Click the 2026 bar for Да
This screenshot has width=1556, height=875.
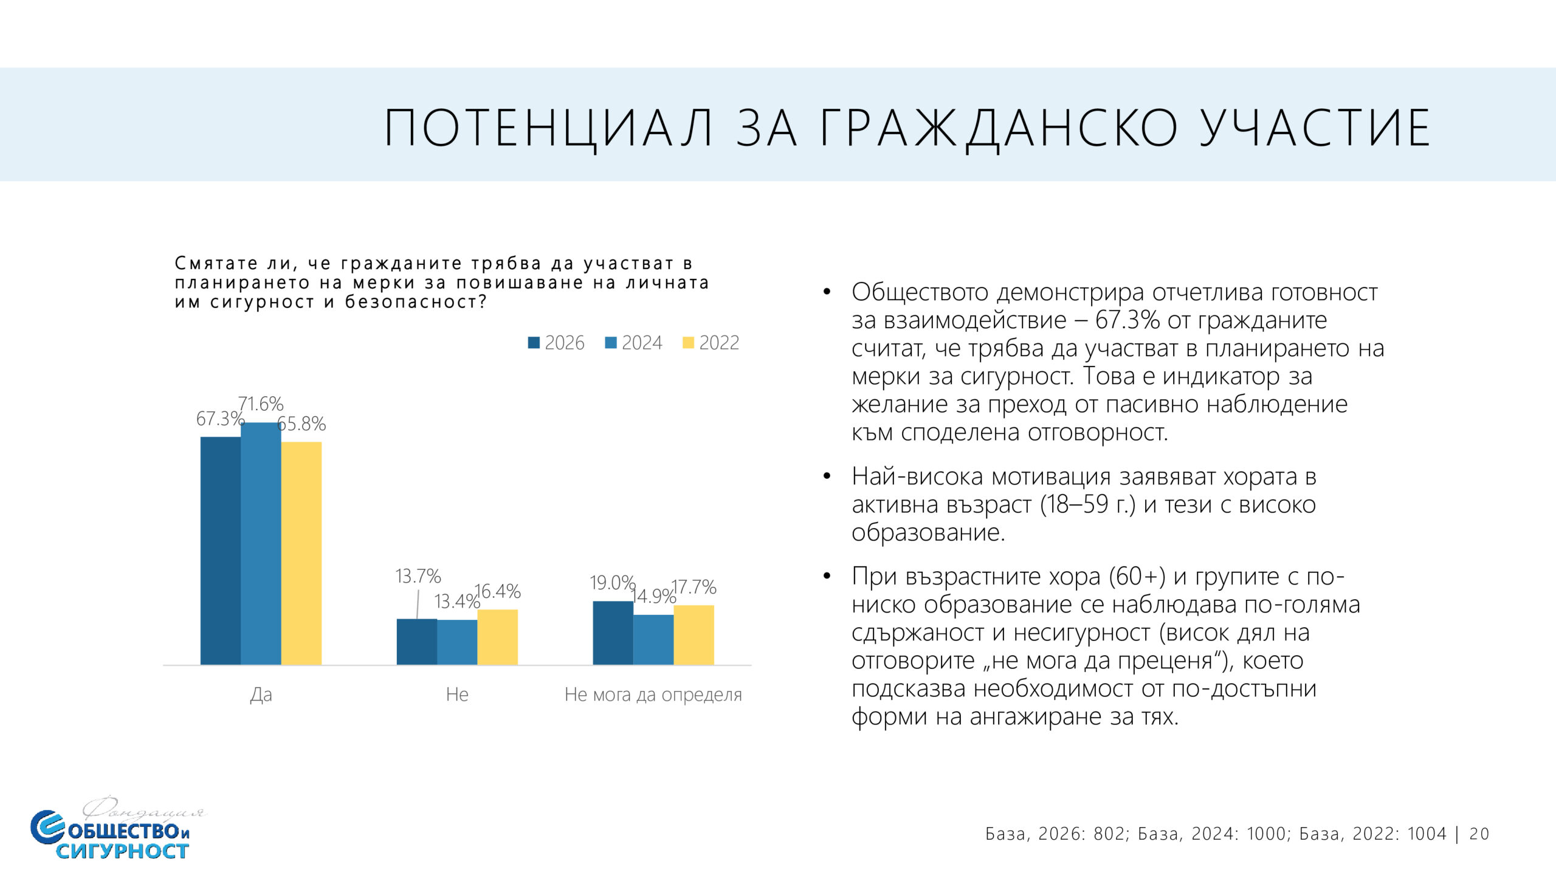[x=220, y=550]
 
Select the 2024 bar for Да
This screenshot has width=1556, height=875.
[x=261, y=543]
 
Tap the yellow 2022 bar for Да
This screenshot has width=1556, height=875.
[x=301, y=553]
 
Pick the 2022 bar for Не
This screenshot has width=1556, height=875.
[x=497, y=637]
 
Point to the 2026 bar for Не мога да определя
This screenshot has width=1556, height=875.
[x=613, y=633]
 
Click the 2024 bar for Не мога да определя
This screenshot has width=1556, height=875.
[x=653, y=639]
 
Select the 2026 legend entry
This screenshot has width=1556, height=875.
[x=556, y=343]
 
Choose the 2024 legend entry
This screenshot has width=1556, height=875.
[x=633, y=343]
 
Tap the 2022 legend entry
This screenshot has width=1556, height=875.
[x=711, y=343]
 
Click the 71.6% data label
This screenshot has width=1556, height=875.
[x=261, y=404]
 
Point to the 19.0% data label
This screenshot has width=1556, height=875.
[x=612, y=583]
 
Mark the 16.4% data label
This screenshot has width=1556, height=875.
[x=498, y=591]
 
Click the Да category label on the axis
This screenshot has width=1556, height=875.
[x=261, y=695]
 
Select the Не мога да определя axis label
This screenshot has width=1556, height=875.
[x=653, y=695]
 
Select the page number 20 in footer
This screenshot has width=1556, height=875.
[x=1479, y=834]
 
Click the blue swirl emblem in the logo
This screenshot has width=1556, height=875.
[x=47, y=827]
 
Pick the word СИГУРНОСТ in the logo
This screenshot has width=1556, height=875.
[x=122, y=851]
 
